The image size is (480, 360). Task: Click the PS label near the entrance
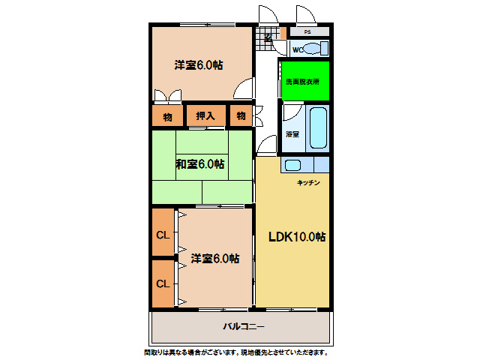[x=307, y=32]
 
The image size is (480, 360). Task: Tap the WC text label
[x=296, y=50]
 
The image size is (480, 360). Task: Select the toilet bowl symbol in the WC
[x=316, y=49]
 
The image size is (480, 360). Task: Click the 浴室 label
[x=292, y=135]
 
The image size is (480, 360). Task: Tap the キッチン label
[x=309, y=183]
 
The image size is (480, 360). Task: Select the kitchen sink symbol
[x=293, y=165]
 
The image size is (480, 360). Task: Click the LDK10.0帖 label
[x=297, y=236]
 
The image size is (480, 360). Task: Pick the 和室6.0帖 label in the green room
[x=200, y=164]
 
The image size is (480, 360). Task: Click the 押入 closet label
[x=205, y=115]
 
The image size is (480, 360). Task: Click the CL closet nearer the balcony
[x=163, y=283]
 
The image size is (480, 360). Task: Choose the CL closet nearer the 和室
[x=163, y=234]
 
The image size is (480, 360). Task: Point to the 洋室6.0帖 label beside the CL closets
[x=214, y=259]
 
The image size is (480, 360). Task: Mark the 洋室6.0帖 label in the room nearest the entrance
[x=199, y=65]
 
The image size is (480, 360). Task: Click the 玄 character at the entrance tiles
[x=268, y=37]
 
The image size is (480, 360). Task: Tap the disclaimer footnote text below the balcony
[x=235, y=352]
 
